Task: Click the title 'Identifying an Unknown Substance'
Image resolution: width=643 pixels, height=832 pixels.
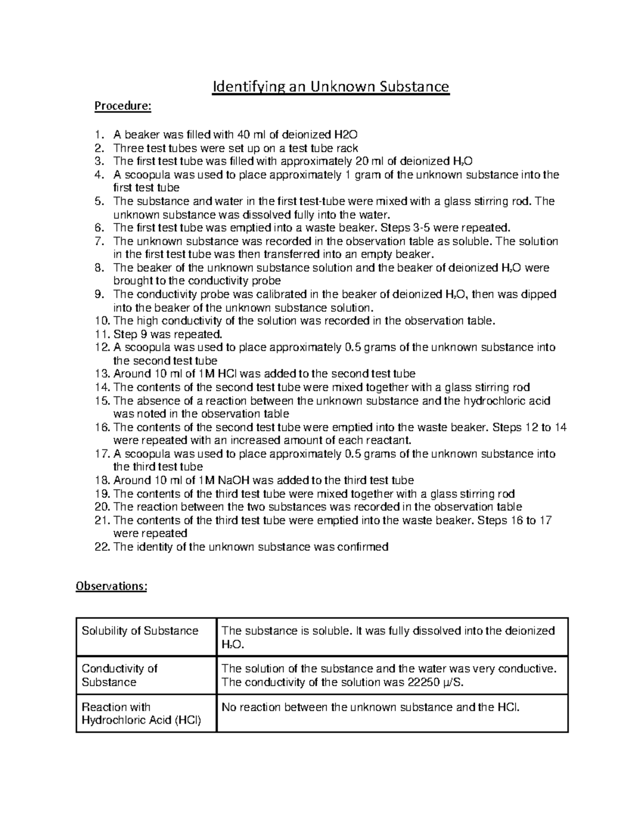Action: coord(331,86)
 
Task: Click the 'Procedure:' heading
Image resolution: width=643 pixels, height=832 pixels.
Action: coord(123,106)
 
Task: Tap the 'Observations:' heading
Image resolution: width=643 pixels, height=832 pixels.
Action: coord(111,586)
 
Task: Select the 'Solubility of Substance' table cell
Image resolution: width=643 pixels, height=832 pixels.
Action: coord(140,631)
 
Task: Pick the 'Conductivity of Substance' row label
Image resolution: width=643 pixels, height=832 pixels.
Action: coord(119,675)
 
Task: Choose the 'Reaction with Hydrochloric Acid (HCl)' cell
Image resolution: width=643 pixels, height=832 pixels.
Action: coord(141,714)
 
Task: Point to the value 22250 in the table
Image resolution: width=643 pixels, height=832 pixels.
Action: coord(425,683)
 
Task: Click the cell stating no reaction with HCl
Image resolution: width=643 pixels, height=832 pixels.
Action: coord(370,707)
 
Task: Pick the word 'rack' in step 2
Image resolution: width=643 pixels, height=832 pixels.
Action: coord(347,148)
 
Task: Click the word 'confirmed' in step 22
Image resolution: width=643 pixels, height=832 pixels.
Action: coord(364,548)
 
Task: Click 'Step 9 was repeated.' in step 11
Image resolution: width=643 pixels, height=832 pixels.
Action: coord(167,334)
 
